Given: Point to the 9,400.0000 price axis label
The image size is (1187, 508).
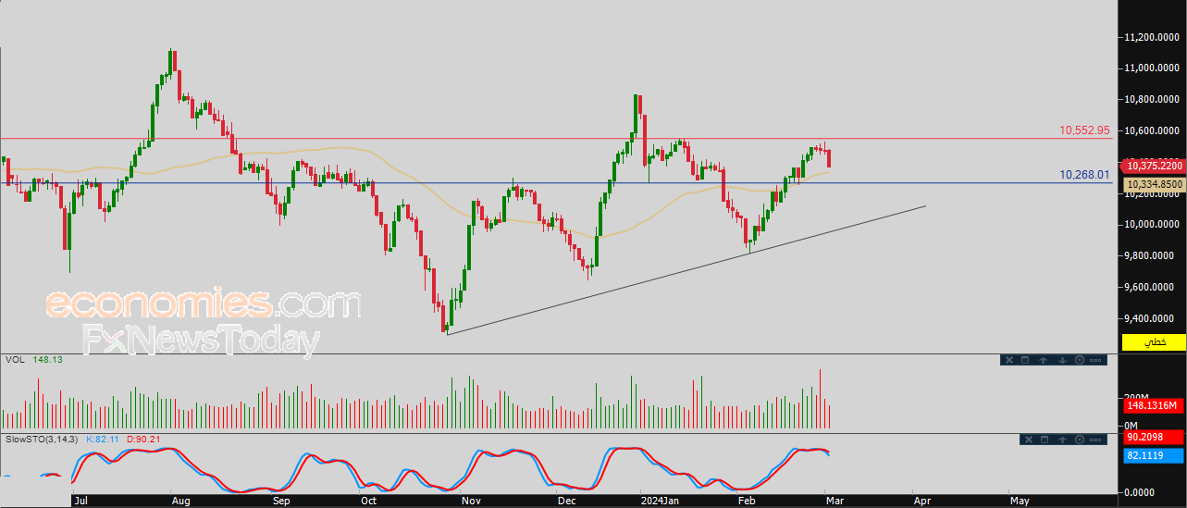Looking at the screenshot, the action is [1151, 318].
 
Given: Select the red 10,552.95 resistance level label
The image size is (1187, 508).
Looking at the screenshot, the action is [1084, 130].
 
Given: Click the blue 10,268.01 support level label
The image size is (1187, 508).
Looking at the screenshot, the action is [1084, 175].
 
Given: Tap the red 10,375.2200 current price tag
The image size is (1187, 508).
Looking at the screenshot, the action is [1154, 166].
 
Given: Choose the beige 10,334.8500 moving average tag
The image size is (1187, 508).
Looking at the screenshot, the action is [1154, 184].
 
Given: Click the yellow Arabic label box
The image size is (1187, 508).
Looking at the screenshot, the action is [1154, 342].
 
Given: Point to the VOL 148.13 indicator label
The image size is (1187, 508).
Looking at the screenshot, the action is [34, 360].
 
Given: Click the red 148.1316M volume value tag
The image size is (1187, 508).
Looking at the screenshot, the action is [1154, 406].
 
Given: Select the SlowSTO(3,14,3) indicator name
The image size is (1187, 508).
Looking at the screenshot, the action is [42, 440].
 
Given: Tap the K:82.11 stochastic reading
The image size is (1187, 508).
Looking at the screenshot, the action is [103, 440].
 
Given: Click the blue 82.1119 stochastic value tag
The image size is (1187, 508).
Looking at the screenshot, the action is [1154, 455].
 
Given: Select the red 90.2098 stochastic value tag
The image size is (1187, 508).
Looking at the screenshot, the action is [1154, 437].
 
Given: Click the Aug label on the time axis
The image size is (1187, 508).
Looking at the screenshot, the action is [180, 501].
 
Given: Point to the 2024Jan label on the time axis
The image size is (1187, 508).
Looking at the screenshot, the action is [660, 501].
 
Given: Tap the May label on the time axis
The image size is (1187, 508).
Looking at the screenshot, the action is [1020, 501].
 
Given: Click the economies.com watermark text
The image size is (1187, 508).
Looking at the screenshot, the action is [204, 303].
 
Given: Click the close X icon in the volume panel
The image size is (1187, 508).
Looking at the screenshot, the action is [1009, 360].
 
